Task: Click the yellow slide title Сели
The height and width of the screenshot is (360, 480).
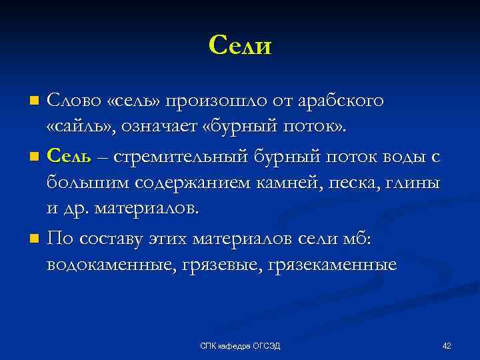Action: (240, 45)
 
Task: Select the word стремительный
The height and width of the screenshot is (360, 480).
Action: (181, 157)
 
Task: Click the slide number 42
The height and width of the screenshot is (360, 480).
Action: (447, 345)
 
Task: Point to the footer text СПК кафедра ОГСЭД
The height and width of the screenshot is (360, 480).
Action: (240, 345)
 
